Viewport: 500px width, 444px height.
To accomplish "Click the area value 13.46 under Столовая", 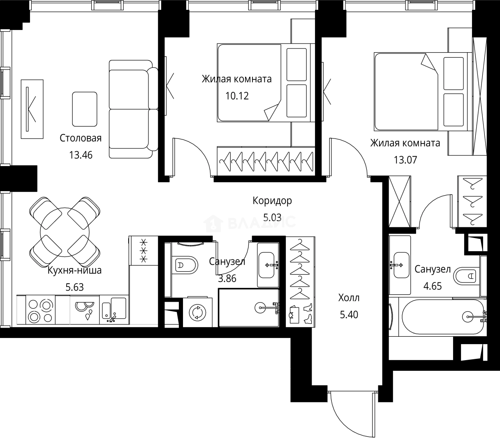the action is (81, 155).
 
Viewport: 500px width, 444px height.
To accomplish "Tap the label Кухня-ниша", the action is (74, 271).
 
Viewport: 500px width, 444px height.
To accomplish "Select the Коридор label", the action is (272, 201).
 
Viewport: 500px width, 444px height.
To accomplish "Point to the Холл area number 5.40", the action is (349, 314).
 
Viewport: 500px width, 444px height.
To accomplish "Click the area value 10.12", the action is (237, 96).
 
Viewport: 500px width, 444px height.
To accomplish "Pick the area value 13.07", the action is (405, 160).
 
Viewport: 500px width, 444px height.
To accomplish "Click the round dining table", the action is (65, 232).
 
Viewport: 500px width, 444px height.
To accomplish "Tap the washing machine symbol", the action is (197, 312).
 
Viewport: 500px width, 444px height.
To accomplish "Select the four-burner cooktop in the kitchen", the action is (40, 310).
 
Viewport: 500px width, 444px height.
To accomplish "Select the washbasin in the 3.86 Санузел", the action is (268, 265).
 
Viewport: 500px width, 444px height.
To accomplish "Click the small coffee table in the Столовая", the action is (85, 109).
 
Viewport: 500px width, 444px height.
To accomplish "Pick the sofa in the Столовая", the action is (134, 109).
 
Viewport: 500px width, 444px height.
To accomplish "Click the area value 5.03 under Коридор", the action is (272, 217).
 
